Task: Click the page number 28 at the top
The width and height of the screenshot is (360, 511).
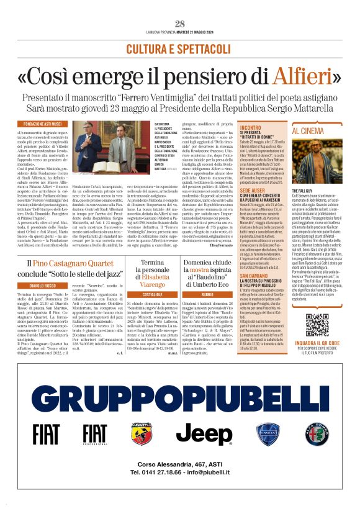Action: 180,24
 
